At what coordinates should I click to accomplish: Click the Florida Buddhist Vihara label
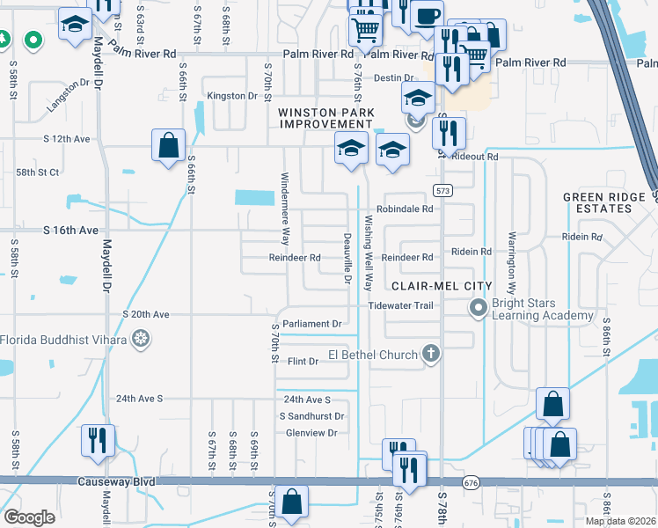point(62,339)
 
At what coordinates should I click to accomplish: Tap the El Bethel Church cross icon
point(430,354)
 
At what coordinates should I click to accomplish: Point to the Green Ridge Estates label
point(598,202)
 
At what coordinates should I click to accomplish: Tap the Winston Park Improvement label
point(326,118)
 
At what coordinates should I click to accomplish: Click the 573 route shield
point(442,190)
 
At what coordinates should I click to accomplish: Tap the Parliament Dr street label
point(313,324)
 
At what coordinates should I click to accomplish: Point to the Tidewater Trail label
point(401,305)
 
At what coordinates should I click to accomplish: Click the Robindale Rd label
point(406,209)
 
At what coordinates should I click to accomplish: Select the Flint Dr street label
point(303,362)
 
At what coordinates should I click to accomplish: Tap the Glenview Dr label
point(312,433)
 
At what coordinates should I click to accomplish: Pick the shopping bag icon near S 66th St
point(168,145)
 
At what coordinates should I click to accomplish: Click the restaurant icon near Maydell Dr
point(97,439)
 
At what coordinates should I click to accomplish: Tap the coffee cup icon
point(427,15)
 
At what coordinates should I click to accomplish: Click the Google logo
point(29,517)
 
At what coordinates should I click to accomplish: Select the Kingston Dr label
point(231,95)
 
